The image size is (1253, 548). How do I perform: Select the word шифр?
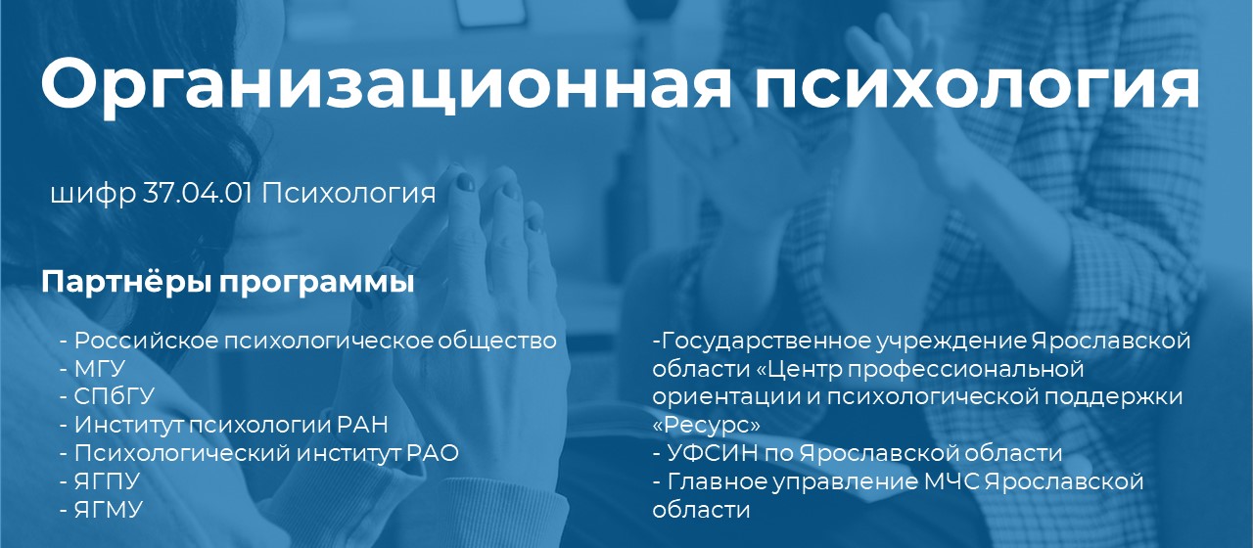tap(93, 195)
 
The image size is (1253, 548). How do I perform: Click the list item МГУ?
tap(100, 369)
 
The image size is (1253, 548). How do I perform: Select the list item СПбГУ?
tap(115, 396)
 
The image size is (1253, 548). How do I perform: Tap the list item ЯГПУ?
tap(107, 481)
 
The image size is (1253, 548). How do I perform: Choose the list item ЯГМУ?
tap(109, 510)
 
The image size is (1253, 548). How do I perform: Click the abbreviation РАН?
tap(363, 425)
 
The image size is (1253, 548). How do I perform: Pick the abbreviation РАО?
tap(433, 453)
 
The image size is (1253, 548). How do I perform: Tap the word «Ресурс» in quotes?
tap(707, 425)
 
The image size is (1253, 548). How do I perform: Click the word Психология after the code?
tap(348, 195)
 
